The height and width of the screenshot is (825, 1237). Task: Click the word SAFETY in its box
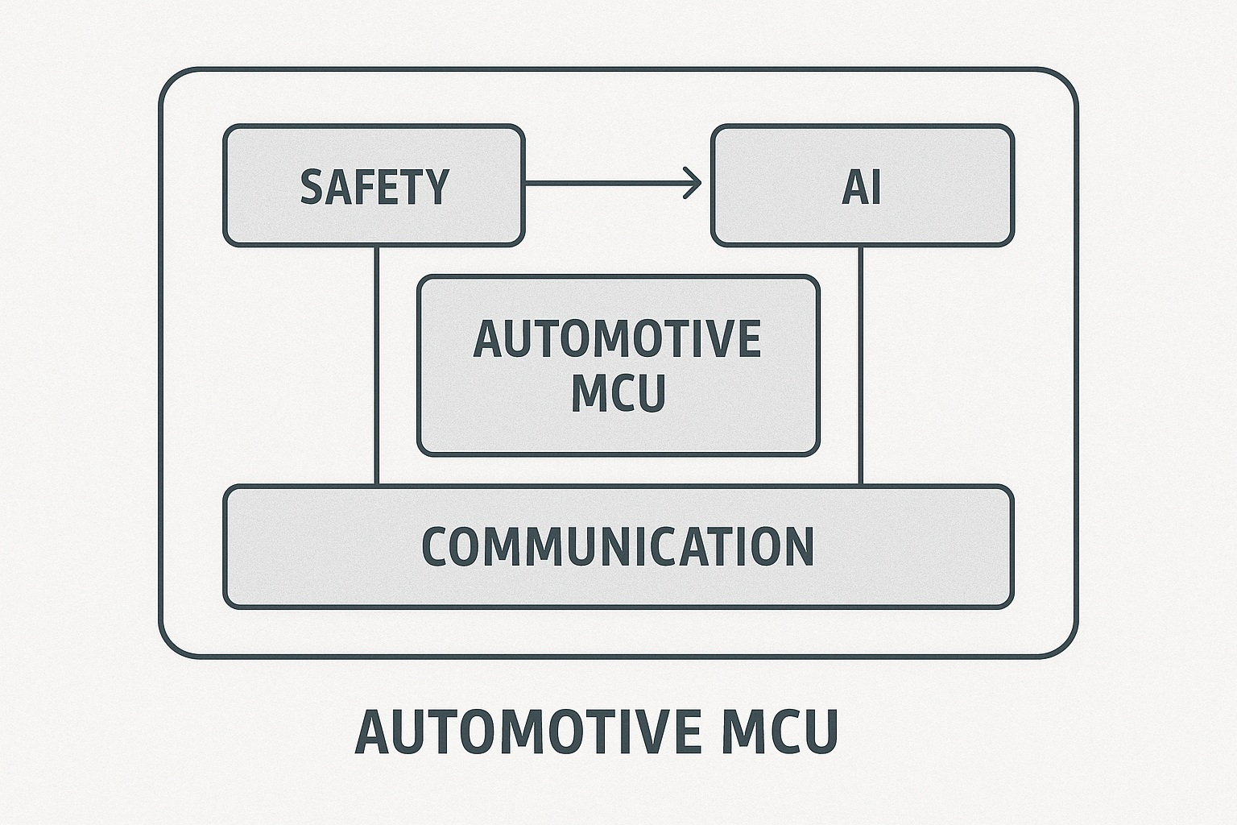click(374, 187)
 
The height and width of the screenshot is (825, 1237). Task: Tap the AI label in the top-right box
click(861, 187)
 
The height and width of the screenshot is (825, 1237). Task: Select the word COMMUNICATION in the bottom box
click(618, 546)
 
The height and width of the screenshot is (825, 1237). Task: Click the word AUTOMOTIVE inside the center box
click(617, 339)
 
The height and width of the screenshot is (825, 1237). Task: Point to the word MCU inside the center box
click(618, 393)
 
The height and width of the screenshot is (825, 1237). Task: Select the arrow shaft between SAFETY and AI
click(604, 184)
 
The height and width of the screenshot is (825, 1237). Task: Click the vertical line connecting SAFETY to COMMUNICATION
click(377, 363)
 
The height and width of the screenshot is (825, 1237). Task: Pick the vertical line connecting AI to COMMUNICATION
click(861, 363)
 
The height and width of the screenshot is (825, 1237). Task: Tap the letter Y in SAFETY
click(436, 187)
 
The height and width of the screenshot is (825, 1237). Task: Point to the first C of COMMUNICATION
click(435, 546)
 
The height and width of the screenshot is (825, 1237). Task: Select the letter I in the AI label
click(875, 187)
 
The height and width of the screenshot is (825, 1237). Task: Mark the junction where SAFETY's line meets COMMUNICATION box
click(377, 485)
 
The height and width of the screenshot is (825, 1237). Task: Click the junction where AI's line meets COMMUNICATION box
click(861, 485)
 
